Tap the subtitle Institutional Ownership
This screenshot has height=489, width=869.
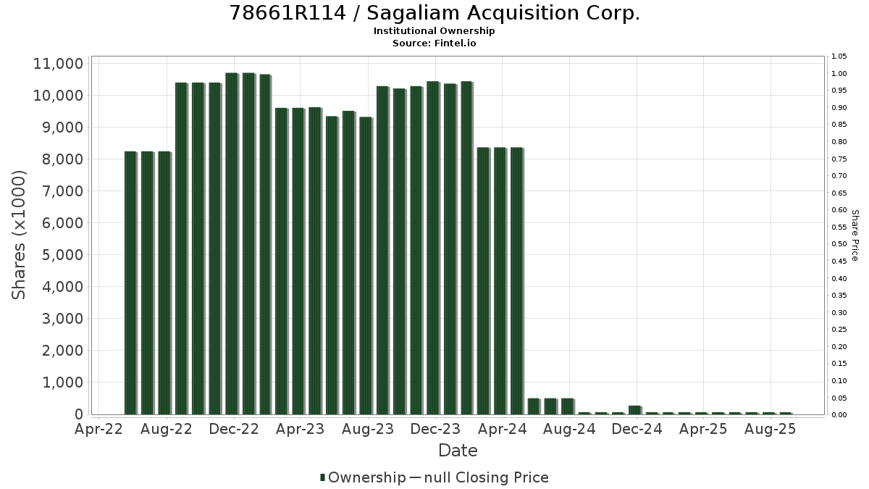434,31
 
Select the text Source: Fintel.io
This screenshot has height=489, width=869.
434,43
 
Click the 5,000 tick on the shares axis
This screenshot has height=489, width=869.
62,255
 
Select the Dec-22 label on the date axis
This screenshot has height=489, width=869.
233,429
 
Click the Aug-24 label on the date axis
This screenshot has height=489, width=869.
569,429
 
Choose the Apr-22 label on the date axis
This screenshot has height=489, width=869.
98,429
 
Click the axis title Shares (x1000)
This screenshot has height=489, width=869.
19,235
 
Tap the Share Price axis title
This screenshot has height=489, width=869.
855,235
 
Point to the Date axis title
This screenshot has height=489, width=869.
458,451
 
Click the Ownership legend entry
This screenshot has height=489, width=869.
363,477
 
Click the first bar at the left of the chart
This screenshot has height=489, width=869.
131,283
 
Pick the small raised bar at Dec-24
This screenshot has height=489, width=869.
635,410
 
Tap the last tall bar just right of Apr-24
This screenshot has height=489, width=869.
517,281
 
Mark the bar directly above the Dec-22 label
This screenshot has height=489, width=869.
232,243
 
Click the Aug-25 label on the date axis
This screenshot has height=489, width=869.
770,429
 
